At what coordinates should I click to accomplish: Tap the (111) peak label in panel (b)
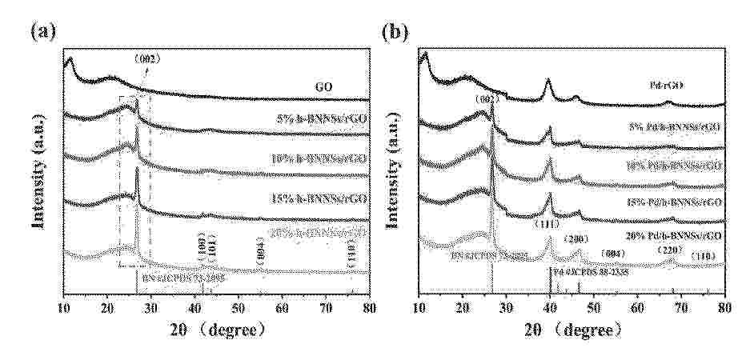(549, 224)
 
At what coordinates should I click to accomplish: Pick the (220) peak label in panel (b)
(670, 250)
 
